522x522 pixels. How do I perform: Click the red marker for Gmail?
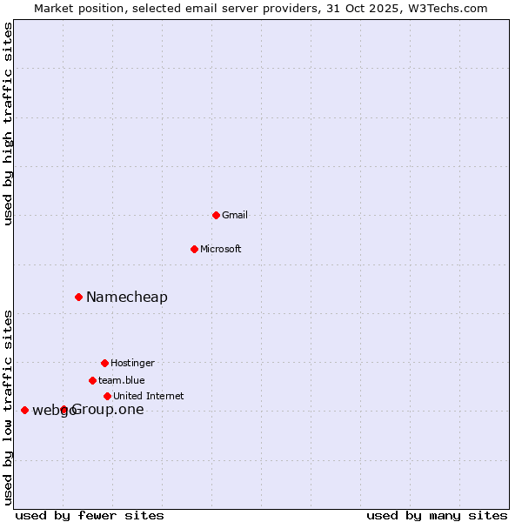[216, 215]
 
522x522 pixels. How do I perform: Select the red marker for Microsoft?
[194, 249]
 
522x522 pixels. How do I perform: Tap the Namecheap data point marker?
[78, 297]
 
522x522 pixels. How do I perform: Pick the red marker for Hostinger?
[104, 363]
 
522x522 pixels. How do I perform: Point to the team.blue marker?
[92, 380]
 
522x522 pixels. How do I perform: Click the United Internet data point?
[107, 396]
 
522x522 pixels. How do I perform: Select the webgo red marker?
[24, 410]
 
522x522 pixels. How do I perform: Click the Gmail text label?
[235, 215]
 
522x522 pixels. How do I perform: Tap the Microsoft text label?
[221, 249]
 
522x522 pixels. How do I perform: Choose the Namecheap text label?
[127, 298]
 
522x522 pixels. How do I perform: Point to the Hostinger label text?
[132, 363]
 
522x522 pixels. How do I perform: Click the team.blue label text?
[122, 380]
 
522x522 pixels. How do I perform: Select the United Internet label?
[149, 396]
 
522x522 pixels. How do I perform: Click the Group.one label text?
[108, 410]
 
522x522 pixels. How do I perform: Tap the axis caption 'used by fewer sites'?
[90, 515]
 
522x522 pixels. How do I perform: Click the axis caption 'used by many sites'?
[437, 515]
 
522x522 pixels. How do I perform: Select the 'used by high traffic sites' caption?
[9, 124]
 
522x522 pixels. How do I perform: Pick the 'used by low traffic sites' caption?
[9, 406]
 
